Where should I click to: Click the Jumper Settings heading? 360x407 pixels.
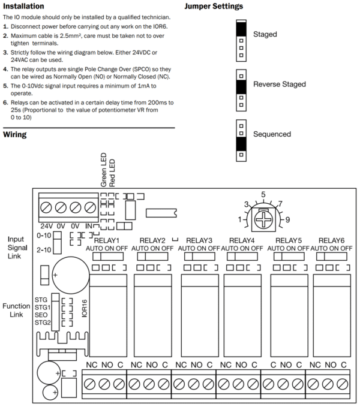coord(214,6)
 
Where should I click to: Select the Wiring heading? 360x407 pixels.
coord(15,135)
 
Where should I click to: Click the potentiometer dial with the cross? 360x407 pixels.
coord(263,220)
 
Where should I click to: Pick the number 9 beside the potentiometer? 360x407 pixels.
coord(287,220)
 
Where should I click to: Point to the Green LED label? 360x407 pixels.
coord(103,171)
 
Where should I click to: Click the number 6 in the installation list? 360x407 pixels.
coord(6,102)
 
